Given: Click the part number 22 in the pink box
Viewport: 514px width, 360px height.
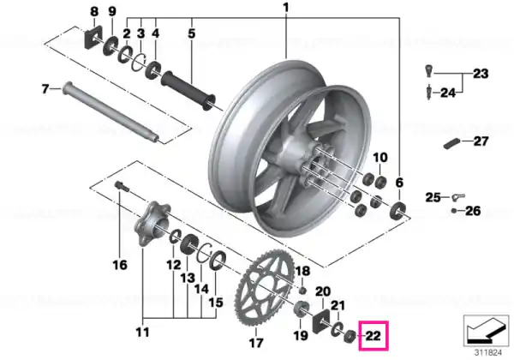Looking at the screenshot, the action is point(373,336).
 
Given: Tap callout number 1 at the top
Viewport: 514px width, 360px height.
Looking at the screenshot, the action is point(286,7).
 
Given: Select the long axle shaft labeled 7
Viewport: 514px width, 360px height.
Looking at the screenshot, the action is point(111,111).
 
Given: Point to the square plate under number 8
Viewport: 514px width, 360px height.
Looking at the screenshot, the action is point(93,37).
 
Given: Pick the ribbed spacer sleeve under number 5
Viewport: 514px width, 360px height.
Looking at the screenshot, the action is point(188,90).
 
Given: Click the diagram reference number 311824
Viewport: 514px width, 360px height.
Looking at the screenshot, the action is point(488,353).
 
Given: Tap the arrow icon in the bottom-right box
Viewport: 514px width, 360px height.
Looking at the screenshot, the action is point(486,332).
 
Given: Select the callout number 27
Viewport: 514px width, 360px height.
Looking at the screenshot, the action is point(481,141).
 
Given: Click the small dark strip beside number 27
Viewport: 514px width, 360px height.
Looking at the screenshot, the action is point(451,144).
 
